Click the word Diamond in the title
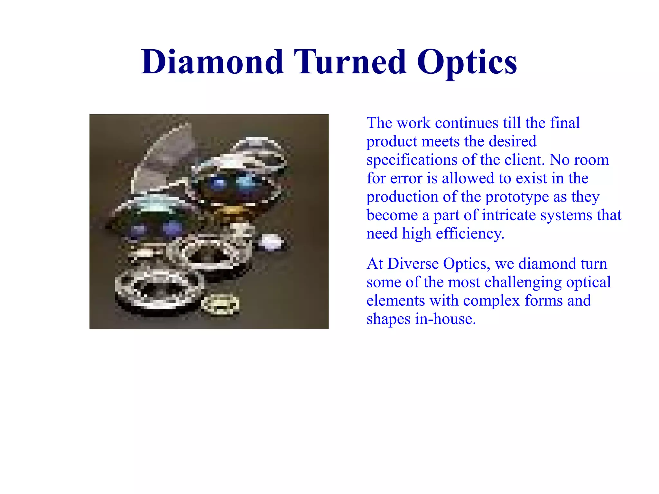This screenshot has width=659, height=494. coord(212,62)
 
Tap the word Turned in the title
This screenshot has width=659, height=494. coord(350,62)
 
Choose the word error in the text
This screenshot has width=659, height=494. coord(406,179)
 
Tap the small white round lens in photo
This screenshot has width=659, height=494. coord(271,242)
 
